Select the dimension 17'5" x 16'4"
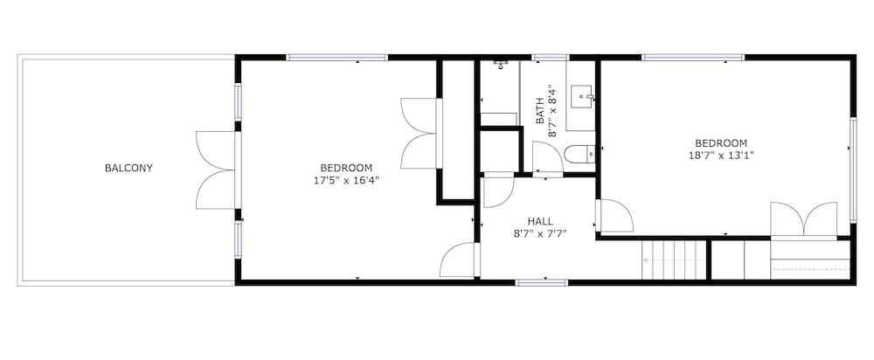347,181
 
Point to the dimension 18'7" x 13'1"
721,156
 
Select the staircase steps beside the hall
674,260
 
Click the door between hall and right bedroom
614,216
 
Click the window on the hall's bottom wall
542,281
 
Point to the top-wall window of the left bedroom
336,58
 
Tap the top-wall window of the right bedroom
693,58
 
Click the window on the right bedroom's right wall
853,170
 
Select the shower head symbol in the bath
502,64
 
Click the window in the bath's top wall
550,58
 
